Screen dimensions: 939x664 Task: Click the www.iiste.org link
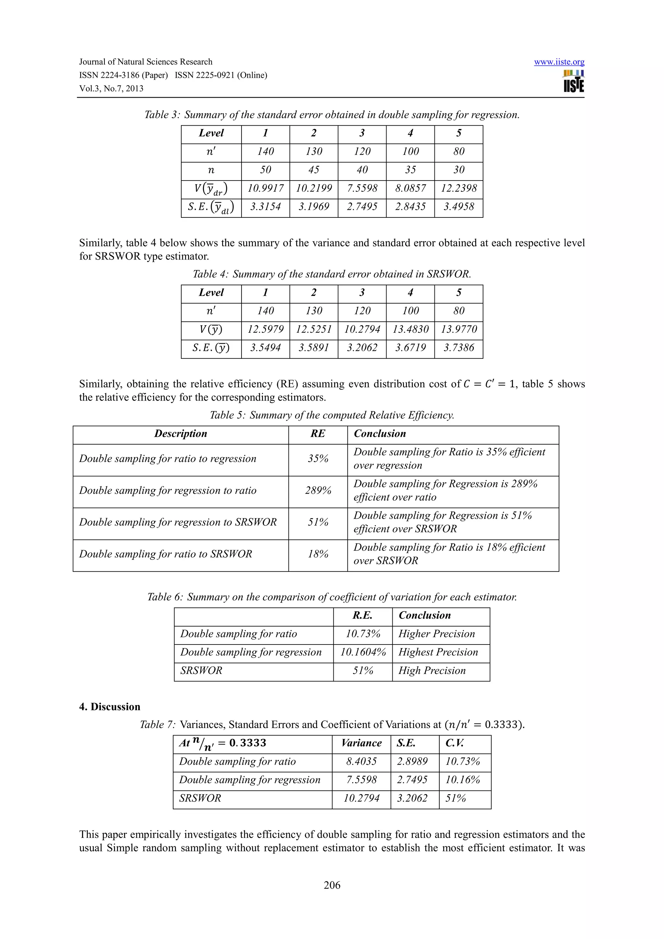559,62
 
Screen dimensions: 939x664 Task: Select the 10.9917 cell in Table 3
265,188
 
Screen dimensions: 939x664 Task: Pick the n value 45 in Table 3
314,170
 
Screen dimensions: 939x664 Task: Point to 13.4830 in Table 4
410,329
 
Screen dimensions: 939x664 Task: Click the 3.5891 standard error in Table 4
314,348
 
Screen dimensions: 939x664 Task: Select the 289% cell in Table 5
318,490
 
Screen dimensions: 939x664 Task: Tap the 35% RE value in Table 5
318,458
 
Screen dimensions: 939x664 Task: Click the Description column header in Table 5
180,434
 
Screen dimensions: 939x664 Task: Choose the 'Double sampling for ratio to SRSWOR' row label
166,554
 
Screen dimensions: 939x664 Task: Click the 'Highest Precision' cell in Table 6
438,652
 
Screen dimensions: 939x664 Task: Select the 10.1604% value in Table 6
363,652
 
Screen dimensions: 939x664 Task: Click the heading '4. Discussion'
110,707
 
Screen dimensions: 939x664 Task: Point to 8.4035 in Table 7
361,761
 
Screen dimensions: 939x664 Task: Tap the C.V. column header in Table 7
454,743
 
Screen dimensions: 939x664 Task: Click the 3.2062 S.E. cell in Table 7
412,798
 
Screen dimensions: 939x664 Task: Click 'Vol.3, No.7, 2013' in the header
111,88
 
